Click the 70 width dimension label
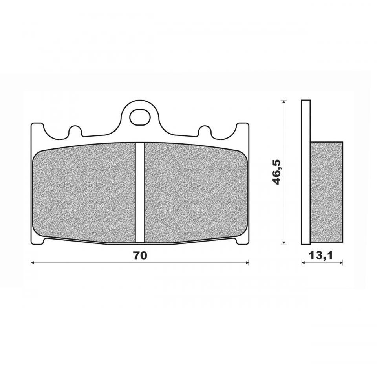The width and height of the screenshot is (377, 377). click(140, 255)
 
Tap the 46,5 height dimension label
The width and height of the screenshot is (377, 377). click(277, 172)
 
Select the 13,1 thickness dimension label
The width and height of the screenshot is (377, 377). click(321, 255)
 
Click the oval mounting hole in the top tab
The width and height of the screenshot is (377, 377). click(140, 117)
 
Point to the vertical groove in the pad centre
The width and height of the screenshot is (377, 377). click(140, 192)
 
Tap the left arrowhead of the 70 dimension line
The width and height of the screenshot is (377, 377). click(33, 263)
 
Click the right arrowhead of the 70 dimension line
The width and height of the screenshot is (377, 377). click(247, 263)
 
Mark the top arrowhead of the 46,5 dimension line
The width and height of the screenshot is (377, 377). click(284, 102)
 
